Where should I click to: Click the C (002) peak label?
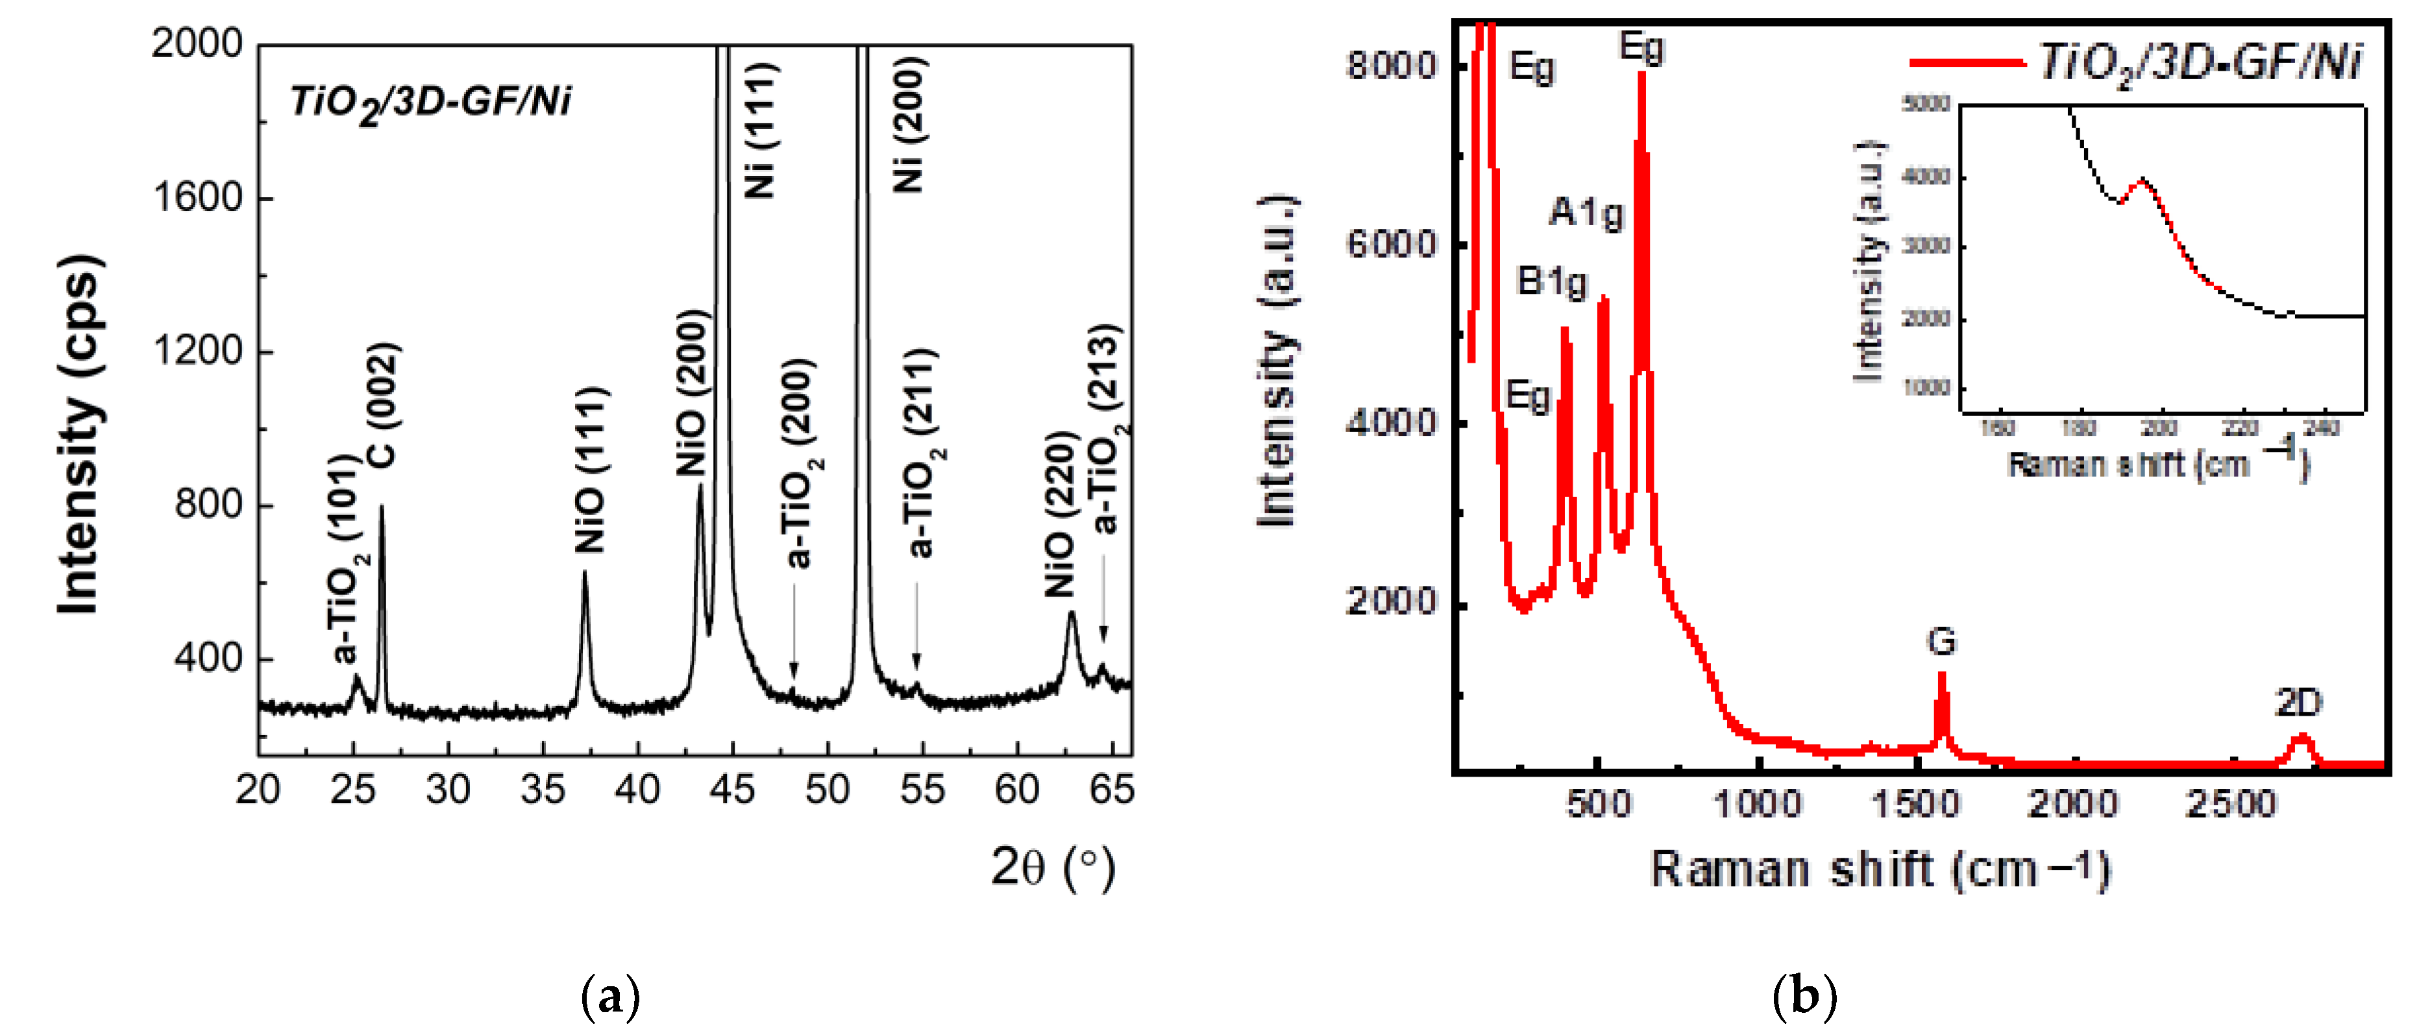[383, 405]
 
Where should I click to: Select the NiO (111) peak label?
[591, 470]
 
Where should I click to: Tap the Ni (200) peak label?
[909, 125]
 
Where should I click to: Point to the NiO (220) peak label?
[1059, 514]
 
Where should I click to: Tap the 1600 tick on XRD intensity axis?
[197, 197]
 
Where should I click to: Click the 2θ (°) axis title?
[1053, 867]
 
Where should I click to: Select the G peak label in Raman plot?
[1941, 641]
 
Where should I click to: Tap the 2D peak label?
[2298, 702]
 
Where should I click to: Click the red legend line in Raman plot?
[1967, 63]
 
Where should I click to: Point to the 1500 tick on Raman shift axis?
[1916, 804]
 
